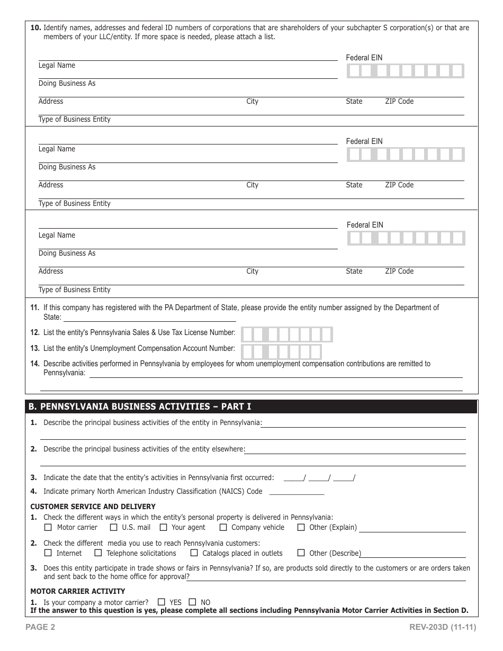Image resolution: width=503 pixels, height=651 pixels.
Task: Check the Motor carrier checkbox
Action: pyautogui.click(x=48, y=527)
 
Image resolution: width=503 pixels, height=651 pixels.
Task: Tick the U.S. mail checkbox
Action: pyautogui.click(x=113, y=527)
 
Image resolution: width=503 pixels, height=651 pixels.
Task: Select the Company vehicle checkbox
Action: pyautogui.click(x=223, y=527)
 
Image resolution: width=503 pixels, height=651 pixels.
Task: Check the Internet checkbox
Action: pyautogui.click(x=48, y=553)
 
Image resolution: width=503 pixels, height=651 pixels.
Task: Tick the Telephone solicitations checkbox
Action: pyautogui.click(x=98, y=553)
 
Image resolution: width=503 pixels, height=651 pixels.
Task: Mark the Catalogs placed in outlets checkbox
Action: pyautogui.click(x=194, y=553)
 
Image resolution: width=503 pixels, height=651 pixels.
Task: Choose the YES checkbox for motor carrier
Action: pyautogui.click(x=161, y=602)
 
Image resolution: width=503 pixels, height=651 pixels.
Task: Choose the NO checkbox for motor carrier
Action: pyautogui.click(x=193, y=602)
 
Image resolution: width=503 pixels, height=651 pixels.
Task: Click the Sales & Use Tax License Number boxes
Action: pyautogui.click(x=286, y=334)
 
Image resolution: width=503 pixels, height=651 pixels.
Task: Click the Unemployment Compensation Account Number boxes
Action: pyautogui.click(x=281, y=351)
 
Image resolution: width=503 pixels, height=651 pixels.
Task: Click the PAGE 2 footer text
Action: pyautogui.click(x=43, y=628)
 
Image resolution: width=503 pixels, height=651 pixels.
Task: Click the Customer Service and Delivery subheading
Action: pyautogui.click(x=93, y=507)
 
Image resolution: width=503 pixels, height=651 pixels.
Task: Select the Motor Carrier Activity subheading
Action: pyautogui.click(x=78, y=591)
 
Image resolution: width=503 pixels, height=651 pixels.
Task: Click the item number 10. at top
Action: pyautogui.click(x=35, y=28)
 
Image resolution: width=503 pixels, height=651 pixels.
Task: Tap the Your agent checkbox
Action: pyautogui.click(x=163, y=527)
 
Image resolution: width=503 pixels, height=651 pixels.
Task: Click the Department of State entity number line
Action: pyautogui.click(x=150, y=319)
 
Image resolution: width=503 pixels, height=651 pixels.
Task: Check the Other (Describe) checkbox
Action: pyautogui.click(x=301, y=553)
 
